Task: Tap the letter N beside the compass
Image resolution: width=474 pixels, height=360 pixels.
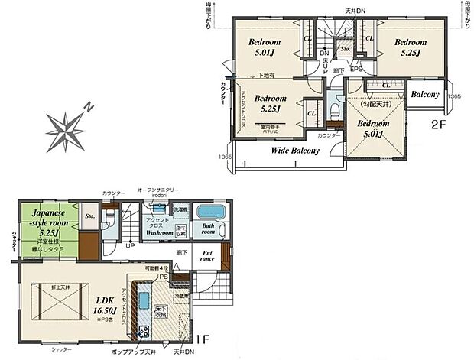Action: pyautogui.click(x=89, y=107)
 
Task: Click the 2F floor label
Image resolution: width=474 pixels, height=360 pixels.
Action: pyautogui.click(x=438, y=122)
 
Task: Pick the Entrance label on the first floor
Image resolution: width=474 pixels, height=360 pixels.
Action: pyautogui.click(x=207, y=256)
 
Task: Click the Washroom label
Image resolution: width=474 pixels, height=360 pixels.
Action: pyautogui.click(x=160, y=232)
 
